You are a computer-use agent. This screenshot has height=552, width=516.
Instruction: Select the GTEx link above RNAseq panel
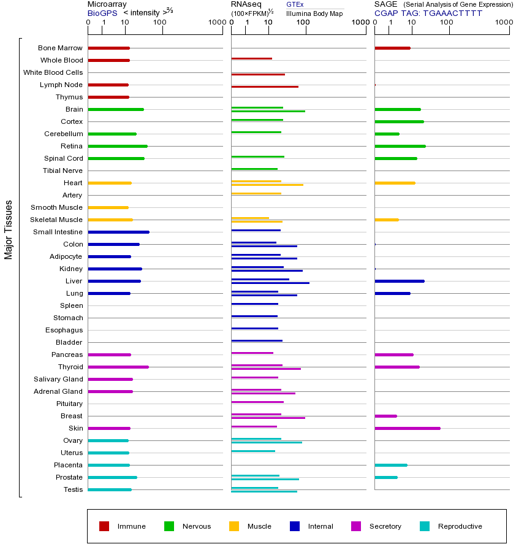tap(295, 4)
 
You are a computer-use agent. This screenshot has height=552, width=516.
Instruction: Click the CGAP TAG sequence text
tap(428, 13)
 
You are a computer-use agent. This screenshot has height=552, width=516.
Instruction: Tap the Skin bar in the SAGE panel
tap(407, 428)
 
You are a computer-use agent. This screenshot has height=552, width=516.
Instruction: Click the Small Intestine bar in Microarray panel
tap(118, 232)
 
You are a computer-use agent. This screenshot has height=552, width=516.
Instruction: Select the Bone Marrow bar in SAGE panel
tap(392, 48)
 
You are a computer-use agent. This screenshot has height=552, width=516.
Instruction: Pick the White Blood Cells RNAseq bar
tap(258, 74)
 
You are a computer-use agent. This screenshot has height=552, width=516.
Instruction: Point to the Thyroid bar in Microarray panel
tap(118, 367)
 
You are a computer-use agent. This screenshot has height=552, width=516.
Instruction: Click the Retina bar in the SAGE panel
tap(400, 146)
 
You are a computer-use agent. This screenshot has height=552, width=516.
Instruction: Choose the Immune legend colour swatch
tap(104, 526)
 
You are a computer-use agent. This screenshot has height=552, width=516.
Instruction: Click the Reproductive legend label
tap(460, 526)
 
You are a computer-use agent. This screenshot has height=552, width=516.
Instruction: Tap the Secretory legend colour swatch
tap(356, 526)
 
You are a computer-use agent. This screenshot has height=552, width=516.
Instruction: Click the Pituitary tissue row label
tap(69, 404)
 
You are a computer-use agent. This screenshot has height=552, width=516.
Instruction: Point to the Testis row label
tap(73, 489)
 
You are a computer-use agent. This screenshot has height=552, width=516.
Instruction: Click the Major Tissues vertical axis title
tap(9, 229)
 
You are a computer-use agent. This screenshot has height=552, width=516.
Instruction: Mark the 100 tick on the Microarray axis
tap(160, 23)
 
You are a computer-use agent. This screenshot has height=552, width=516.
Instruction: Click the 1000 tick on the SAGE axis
tap(504, 23)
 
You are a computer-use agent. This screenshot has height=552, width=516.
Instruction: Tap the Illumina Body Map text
tap(315, 13)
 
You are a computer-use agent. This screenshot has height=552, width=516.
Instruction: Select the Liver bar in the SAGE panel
tap(399, 281)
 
